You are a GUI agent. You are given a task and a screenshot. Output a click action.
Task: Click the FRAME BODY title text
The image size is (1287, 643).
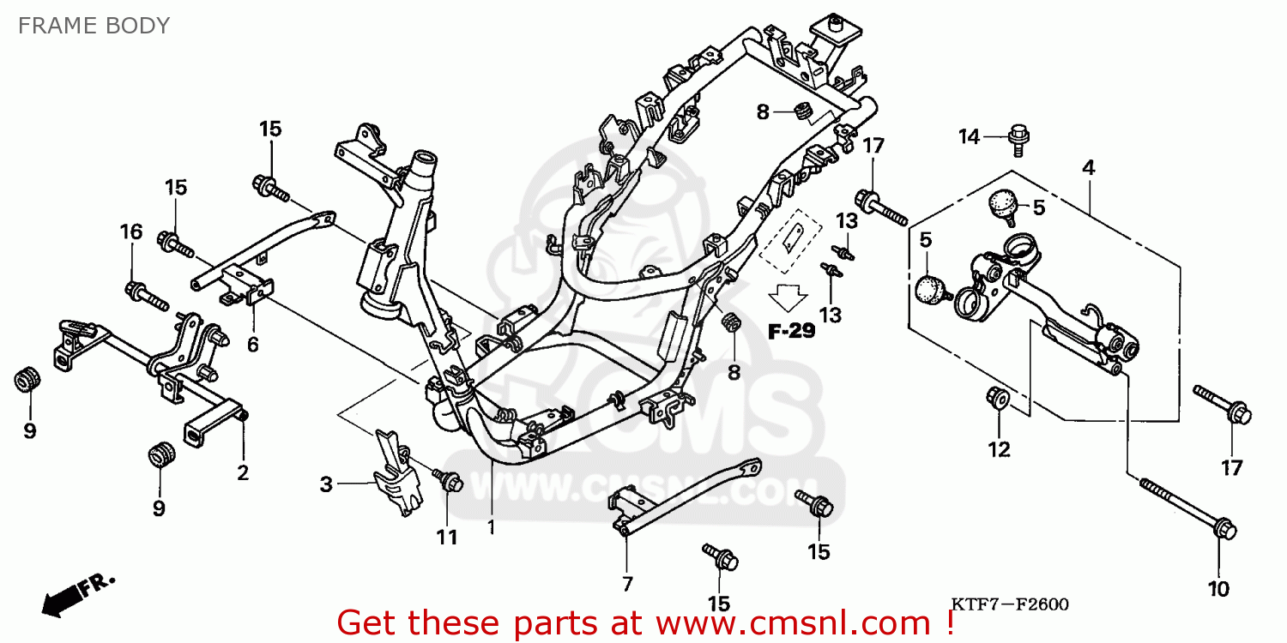(x=94, y=26)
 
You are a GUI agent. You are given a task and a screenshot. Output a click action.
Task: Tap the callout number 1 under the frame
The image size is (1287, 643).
(x=492, y=526)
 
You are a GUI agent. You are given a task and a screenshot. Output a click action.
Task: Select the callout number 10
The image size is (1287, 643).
(x=1218, y=589)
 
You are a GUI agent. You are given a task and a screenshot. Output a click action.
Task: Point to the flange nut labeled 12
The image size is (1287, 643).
(x=998, y=398)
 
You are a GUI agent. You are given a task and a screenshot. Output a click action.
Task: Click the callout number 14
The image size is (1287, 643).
(x=969, y=136)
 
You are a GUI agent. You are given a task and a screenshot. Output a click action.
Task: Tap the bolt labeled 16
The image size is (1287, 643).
(x=146, y=295)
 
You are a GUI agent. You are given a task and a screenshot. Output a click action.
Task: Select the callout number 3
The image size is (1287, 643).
(x=326, y=484)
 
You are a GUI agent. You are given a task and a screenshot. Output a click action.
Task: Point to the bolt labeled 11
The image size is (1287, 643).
(x=447, y=480)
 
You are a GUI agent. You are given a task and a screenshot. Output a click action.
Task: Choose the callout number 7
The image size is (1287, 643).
(x=627, y=584)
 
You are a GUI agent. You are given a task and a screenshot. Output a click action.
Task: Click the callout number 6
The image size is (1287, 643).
(x=252, y=344)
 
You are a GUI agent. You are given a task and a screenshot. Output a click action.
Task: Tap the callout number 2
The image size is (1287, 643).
(x=243, y=472)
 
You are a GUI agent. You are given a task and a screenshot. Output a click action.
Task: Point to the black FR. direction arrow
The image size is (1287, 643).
(x=60, y=601)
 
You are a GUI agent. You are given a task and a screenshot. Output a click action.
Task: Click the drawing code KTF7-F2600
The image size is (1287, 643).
(x=1007, y=605)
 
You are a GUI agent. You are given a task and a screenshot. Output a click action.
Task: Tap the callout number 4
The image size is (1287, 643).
(x=1088, y=168)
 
